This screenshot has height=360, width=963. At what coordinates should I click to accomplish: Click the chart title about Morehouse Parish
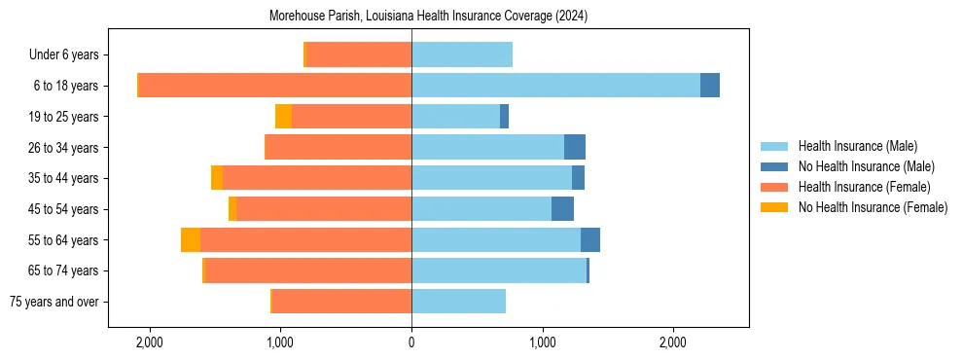(x=428, y=17)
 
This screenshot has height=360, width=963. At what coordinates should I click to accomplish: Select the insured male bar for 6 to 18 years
(x=555, y=86)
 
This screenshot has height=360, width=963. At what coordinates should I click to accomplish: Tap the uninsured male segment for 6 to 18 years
(x=710, y=86)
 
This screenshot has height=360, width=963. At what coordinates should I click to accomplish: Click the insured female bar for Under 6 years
(x=359, y=54)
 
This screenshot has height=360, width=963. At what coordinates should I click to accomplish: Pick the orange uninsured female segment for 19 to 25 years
(x=283, y=117)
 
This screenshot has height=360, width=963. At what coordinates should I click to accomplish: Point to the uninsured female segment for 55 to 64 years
(x=191, y=240)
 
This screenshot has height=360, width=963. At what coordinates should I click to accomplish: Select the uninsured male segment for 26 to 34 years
(x=575, y=148)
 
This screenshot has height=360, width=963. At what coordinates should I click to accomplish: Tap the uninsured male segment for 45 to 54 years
(x=562, y=209)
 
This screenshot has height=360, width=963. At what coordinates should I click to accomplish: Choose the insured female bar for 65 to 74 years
(x=308, y=270)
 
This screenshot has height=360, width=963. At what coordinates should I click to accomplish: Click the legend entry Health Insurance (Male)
(x=857, y=146)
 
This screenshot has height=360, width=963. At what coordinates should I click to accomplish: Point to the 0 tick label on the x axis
(x=411, y=343)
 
